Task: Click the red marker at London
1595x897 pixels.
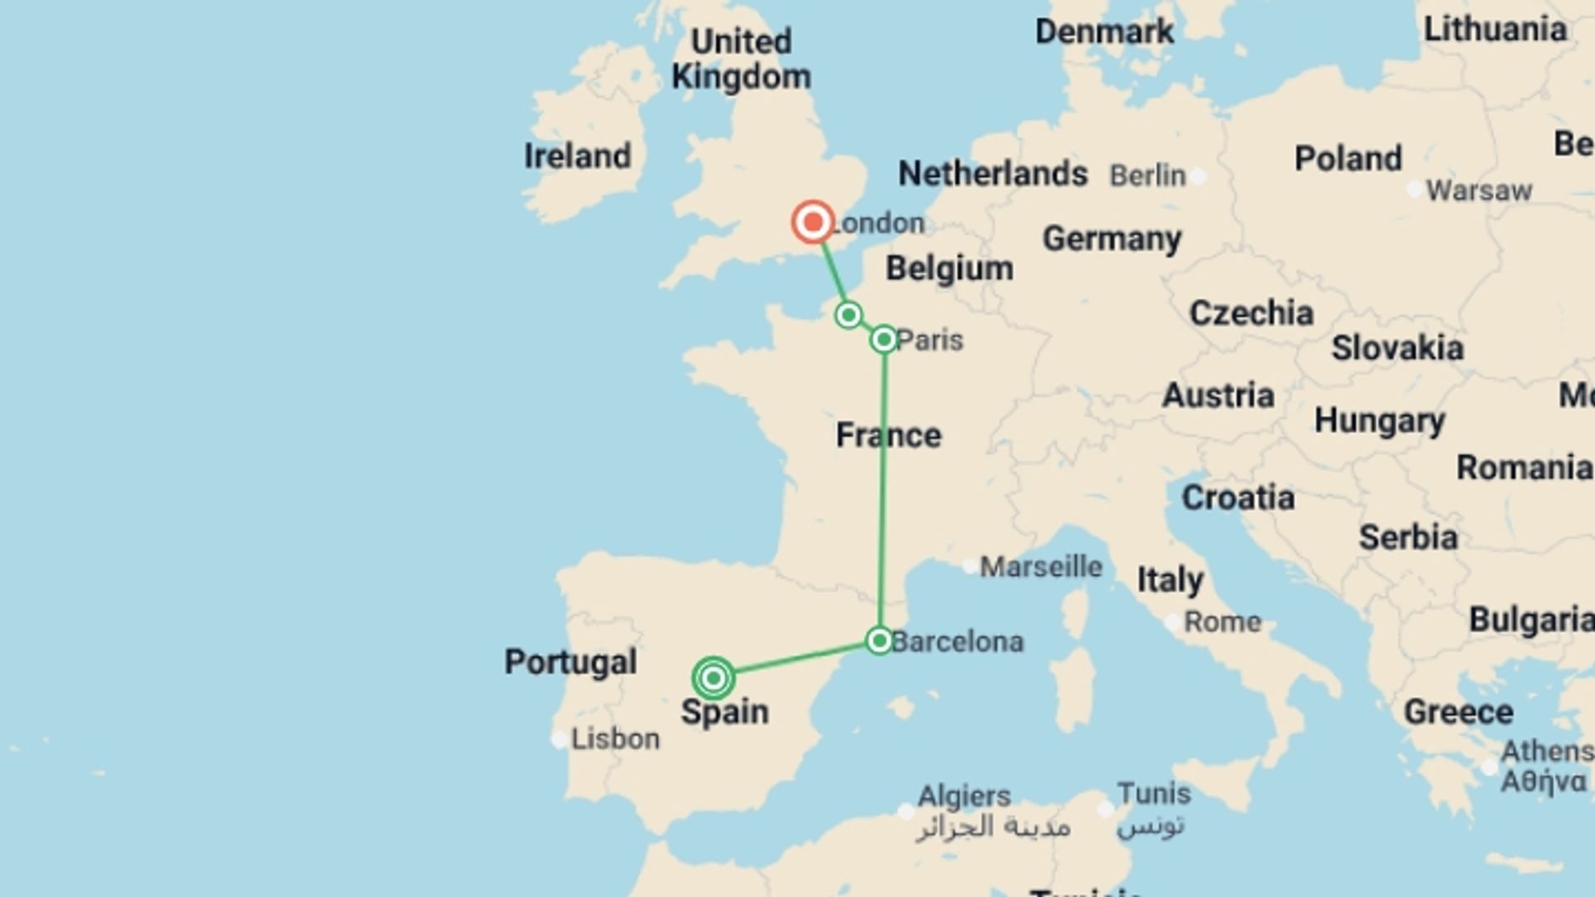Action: click(x=812, y=222)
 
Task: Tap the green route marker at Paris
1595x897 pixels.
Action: click(x=884, y=339)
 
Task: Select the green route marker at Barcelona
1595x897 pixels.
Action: click(x=879, y=640)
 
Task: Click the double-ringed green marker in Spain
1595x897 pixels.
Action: click(x=713, y=679)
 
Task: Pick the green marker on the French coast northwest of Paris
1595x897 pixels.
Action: click(x=848, y=315)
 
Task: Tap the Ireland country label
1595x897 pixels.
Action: click(x=577, y=156)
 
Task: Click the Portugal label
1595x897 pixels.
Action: click(x=571, y=662)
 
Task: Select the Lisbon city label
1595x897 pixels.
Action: click(x=615, y=738)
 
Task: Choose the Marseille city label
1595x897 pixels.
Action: click(x=1041, y=566)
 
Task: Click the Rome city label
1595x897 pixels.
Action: click(x=1222, y=621)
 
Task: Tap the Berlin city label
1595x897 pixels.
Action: click(x=1148, y=175)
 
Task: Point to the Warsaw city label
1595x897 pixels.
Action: click(x=1479, y=190)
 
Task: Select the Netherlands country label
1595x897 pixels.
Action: click(x=993, y=174)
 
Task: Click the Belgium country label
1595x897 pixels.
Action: click(x=950, y=268)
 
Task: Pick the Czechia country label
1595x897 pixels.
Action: click(x=1251, y=313)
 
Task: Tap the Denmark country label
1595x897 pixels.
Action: click(x=1104, y=32)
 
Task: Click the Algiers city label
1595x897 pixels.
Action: click(x=964, y=796)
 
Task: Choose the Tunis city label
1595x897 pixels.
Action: click(x=1153, y=793)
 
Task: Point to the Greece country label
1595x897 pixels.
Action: click(x=1458, y=712)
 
